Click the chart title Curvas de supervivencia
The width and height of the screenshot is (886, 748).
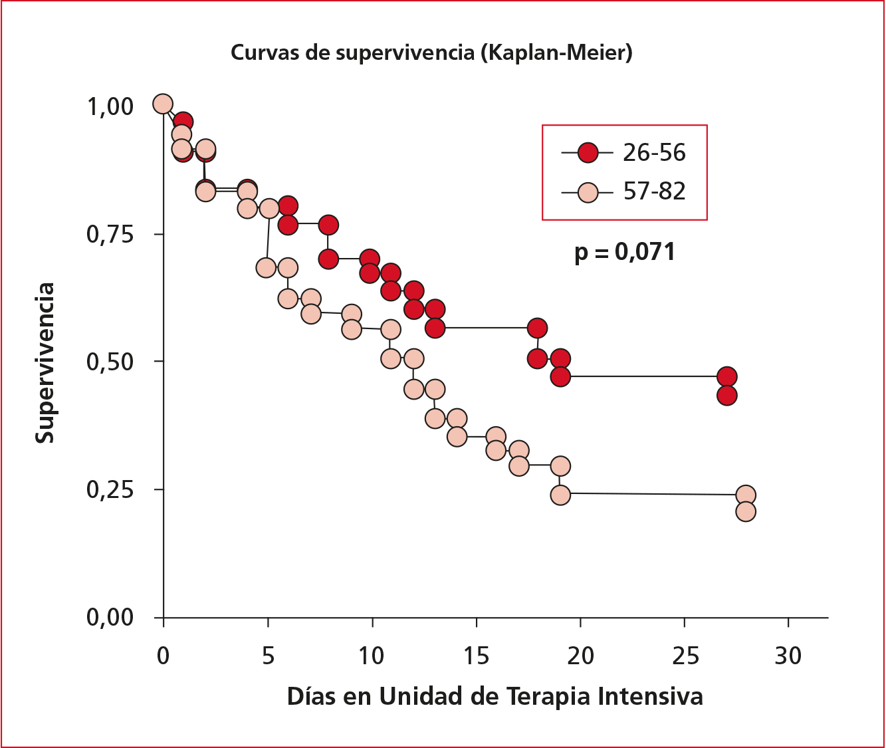coord(352,53)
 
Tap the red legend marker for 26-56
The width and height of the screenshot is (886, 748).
coord(588,153)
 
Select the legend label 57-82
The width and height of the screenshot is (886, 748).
coord(654,191)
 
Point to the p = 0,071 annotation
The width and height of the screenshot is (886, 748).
coord(625,252)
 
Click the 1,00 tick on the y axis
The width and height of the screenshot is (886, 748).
coord(110,106)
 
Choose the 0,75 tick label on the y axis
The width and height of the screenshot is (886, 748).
coord(110,235)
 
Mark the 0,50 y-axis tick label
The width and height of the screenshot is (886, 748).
coord(110,362)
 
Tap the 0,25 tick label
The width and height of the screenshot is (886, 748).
coord(110,489)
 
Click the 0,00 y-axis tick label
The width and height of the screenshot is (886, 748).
coord(110,617)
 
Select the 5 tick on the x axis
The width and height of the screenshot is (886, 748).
coord(268,656)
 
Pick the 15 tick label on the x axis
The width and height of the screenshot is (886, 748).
coord(476,656)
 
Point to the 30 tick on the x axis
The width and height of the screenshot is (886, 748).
coord(788,656)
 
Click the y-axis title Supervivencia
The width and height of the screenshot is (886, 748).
coord(45,363)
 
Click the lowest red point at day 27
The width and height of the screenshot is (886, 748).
coord(726,396)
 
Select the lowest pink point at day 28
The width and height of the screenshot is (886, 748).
coord(746,511)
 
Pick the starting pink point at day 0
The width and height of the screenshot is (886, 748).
coord(163,104)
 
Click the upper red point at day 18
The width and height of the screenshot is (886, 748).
coord(537,328)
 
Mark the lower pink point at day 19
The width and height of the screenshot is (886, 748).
coord(560,495)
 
